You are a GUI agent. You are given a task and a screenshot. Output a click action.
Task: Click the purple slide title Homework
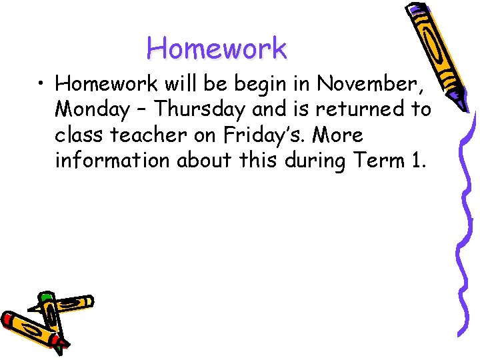point(217,48)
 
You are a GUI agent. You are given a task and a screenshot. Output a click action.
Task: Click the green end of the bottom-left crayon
point(46,297)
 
